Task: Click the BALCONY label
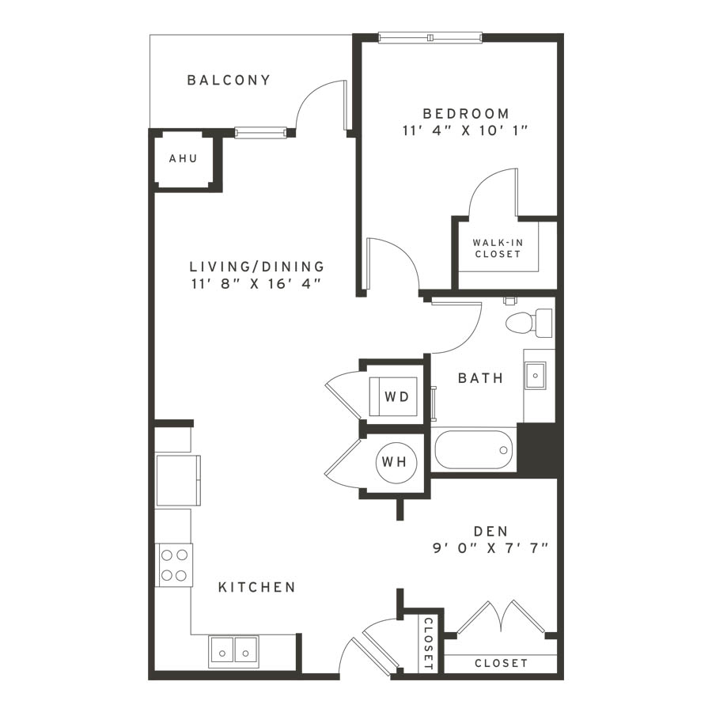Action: click(229, 81)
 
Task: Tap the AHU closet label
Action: click(184, 158)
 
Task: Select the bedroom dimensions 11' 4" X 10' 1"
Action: click(465, 131)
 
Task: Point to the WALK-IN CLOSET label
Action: click(498, 248)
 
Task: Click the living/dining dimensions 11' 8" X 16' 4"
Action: click(256, 284)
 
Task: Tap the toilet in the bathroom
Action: click(529, 323)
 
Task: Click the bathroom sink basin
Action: click(536, 376)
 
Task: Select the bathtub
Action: click(474, 450)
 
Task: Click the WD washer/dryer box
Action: click(394, 396)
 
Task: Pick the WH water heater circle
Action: click(396, 462)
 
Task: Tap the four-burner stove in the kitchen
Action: click(174, 565)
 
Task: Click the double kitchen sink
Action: click(233, 652)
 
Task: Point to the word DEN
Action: click(490, 532)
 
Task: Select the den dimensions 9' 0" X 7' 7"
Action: click(490, 548)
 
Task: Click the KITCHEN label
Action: click(257, 588)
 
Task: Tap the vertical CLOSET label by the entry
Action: click(428, 643)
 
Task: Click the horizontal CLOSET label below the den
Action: click(502, 664)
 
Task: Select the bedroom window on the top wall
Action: click(430, 38)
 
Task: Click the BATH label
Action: click(480, 378)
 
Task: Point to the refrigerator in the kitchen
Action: click(178, 480)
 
